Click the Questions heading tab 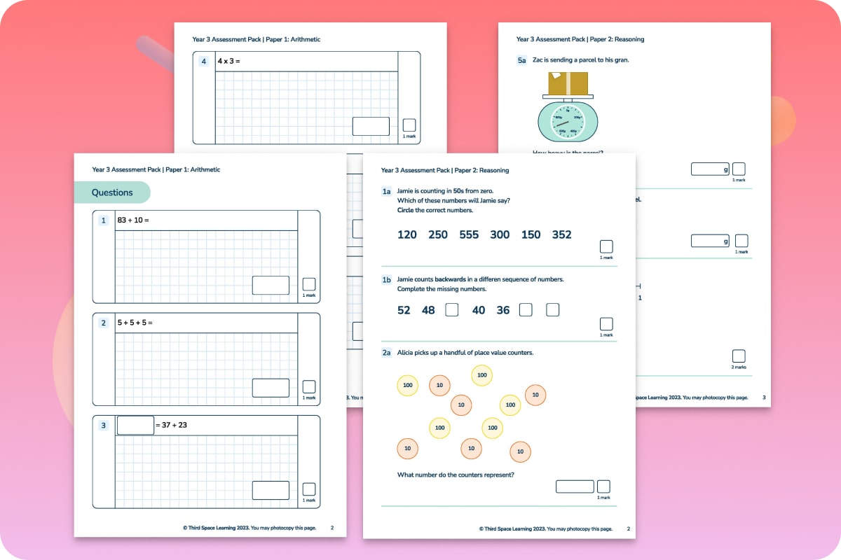pyautogui.click(x=112, y=192)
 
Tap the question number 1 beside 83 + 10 pyautogui.click(x=104, y=220)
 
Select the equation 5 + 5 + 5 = pyautogui.click(x=135, y=323)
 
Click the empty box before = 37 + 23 pyautogui.click(x=135, y=425)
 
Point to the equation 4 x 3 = pyautogui.click(x=228, y=62)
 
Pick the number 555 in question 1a pyautogui.click(x=469, y=234)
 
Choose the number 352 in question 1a pyautogui.click(x=561, y=234)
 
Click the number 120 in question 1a pyautogui.click(x=406, y=234)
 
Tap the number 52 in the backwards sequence pyautogui.click(x=404, y=310)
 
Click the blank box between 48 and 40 pyautogui.click(x=452, y=309)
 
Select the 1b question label pyautogui.click(x=386, y=280)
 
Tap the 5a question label pyautogui.click(x=521, y=60)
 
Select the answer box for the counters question pyautogui.click(x=575, y=486)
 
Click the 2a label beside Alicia pyautogui.click(x=386, y=353)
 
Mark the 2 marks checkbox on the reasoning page pyautogui.click(x=739, y=356)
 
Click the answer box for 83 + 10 pyautogui.click(x=271, y=285)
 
